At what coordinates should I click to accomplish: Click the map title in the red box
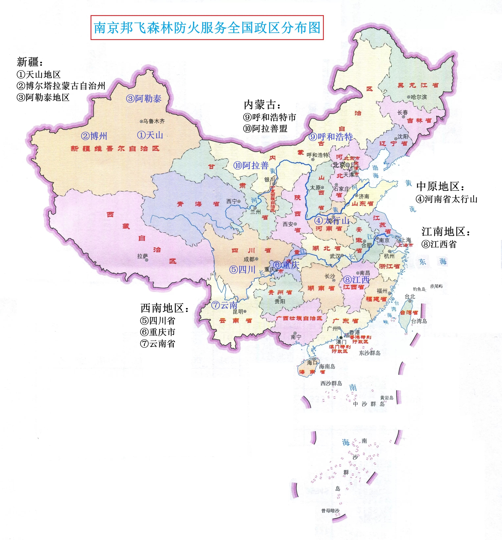pos(207,28)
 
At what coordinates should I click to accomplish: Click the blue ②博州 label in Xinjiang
pos(94,136)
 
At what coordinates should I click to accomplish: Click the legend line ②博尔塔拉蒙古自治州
pos(61,86)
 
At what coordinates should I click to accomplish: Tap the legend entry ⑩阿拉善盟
pos(265,129)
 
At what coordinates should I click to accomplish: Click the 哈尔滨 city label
pos(419,97)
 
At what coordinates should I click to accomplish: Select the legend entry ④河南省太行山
pos(446,199)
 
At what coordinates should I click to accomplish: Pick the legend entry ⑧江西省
pos(439,244)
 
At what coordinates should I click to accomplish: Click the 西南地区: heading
pos(164,308)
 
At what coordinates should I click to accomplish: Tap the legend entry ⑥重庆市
pos(157,332)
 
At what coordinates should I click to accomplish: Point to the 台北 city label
pos(410,297)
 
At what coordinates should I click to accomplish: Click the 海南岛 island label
pos(327,366)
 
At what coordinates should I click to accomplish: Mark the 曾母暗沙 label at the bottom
pos(330,511)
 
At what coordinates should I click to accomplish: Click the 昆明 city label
pos(238,312)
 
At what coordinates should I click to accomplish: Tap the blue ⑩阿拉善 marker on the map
pos(251,165)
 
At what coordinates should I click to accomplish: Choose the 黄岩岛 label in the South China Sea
pos(387,398)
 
